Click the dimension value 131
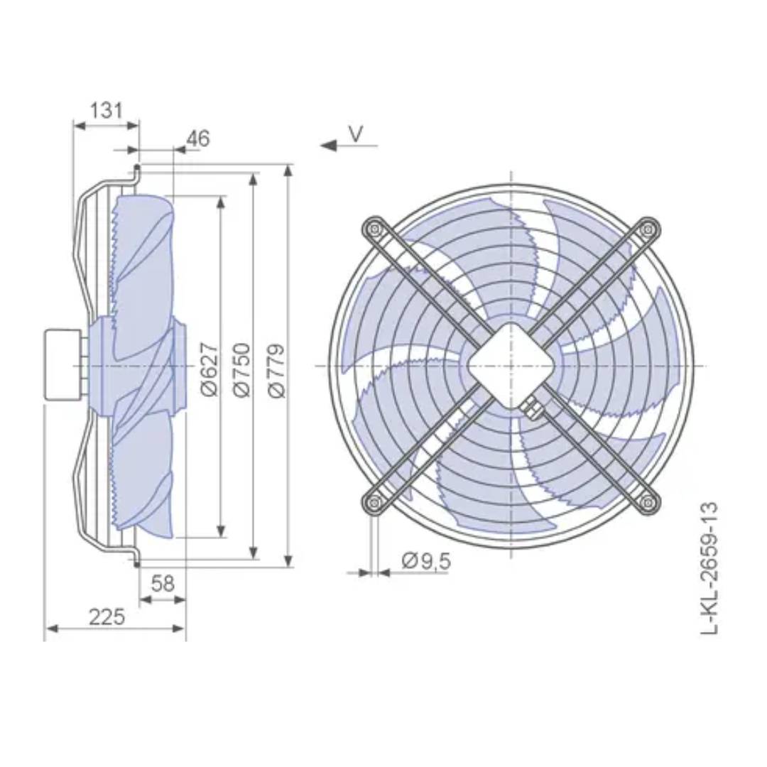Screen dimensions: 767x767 click(x=107, y=110)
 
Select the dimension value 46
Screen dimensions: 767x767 click(x=198, y=138)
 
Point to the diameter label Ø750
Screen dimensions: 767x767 click(x=243, y=369)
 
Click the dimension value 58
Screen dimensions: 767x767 click(x=163, y=584)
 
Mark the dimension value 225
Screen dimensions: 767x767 click(x=107, y=616)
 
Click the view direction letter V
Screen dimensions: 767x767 click(x=357, y=133)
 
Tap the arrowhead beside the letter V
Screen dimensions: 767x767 click(x=328, y=146)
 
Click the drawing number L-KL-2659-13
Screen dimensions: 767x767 click(x=709, y=568)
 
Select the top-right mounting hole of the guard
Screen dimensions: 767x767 click(x=647, y=229)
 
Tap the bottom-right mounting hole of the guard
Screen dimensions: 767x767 click(x=647, y=503)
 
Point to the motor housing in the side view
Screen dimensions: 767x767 click(x=62, y=365)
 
